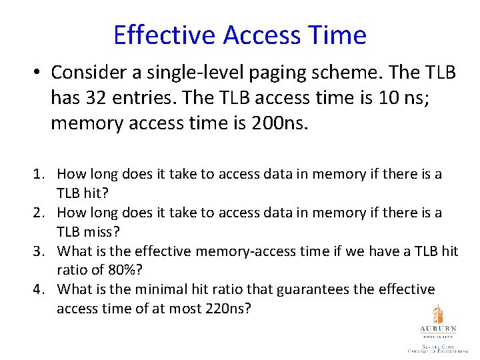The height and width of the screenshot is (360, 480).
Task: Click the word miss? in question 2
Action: pos(99,232)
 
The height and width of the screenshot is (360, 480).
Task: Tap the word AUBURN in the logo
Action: pos(437,329)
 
